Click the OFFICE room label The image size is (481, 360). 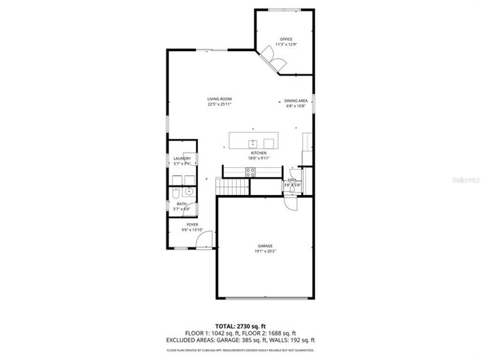point(286,40)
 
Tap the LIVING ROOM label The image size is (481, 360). point(220,100)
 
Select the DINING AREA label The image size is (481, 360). point(296,100)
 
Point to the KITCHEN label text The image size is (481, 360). point(259,153)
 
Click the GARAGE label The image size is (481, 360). point(265,245)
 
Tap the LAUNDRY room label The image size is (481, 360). point(181,158)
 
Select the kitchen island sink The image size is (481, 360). point(252,142)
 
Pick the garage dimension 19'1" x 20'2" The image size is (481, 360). point(265,252)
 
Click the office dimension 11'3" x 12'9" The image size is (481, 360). point(286,45)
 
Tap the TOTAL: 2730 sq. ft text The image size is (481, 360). point(240,326)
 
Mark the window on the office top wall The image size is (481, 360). point(286,10)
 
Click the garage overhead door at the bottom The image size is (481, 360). point(265,298)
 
